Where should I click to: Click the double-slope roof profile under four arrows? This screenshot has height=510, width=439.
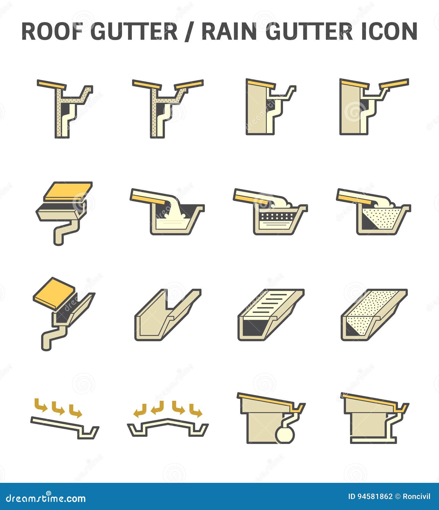pyautogui.click(x=167, y=427)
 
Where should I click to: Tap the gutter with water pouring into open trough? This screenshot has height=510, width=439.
pyautogui.click(x=168, y=213)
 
